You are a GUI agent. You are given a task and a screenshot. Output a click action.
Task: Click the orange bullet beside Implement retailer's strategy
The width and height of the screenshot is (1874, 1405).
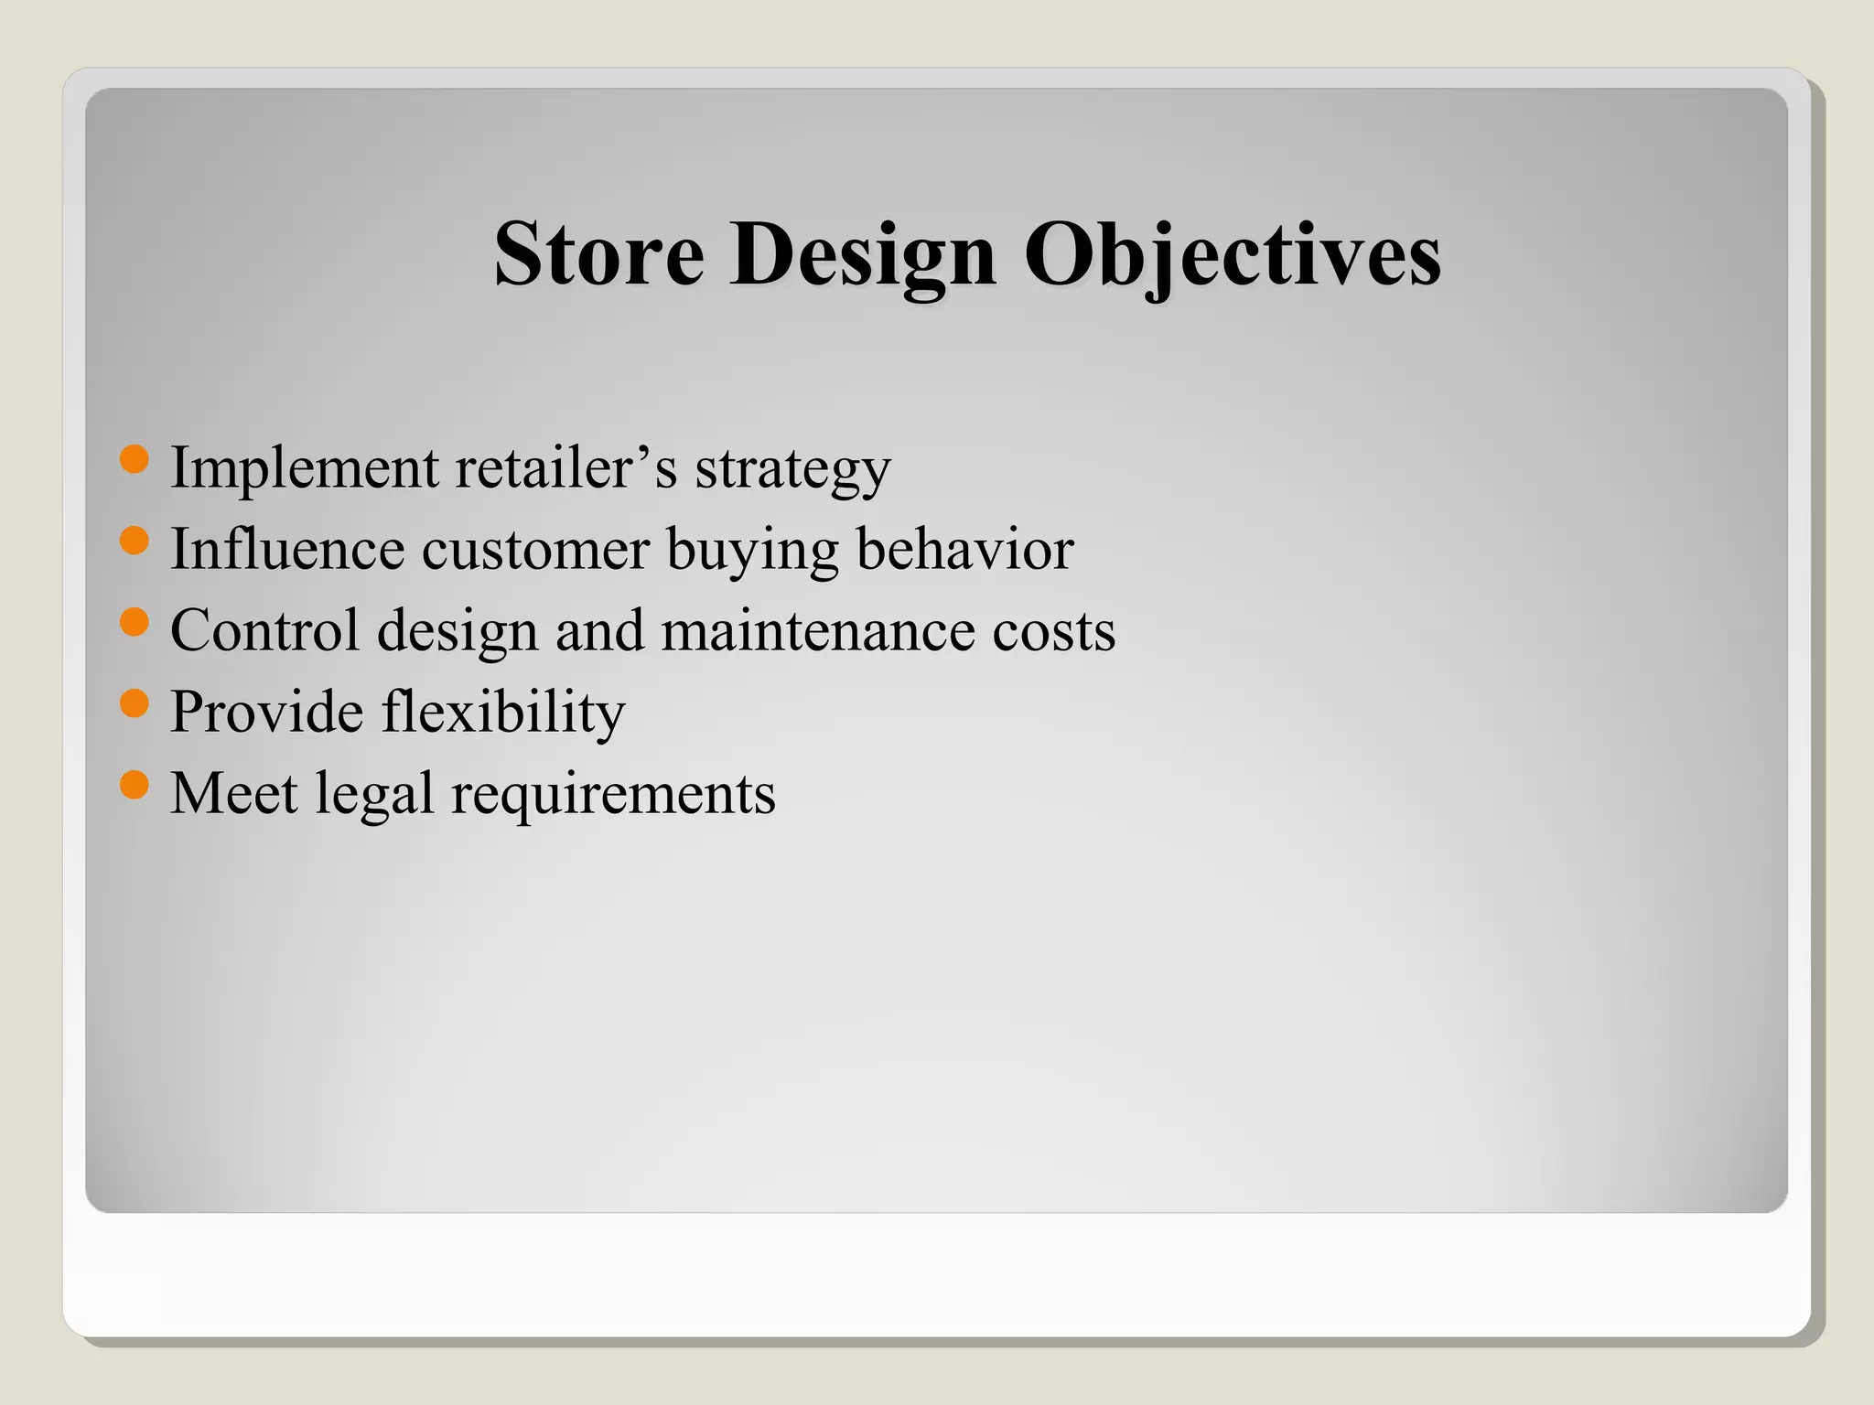[135, 459]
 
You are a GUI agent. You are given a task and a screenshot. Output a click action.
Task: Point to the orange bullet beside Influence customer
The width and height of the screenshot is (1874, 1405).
[135, 541]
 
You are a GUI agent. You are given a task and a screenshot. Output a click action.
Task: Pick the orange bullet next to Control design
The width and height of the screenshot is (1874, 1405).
[135, 622]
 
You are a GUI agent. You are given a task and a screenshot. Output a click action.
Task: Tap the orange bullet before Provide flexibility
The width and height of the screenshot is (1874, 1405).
[135, 703]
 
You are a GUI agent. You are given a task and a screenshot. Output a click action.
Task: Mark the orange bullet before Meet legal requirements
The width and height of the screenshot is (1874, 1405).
[135, 785]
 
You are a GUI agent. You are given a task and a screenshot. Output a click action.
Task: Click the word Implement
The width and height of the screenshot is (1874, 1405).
[305, 468]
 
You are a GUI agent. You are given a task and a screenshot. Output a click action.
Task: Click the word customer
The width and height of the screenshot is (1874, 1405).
[535, 550]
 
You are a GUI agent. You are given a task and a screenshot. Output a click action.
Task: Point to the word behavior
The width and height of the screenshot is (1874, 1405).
[964, 549]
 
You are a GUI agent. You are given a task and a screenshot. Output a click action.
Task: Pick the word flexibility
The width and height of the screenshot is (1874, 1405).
[502, 713]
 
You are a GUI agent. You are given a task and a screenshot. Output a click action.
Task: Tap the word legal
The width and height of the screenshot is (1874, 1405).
[374, 794]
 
